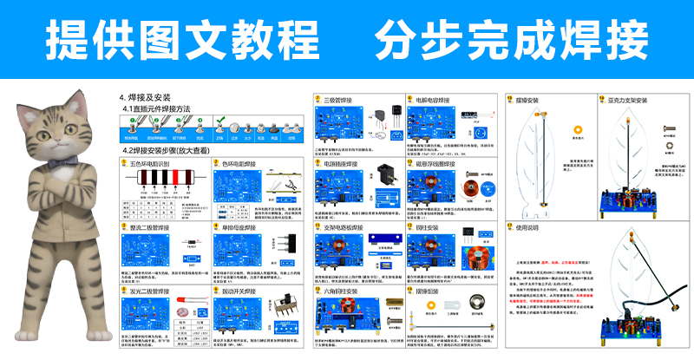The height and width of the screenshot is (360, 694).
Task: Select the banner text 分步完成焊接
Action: (x=511, y=37)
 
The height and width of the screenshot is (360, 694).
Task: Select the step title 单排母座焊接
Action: (x=246, y=228)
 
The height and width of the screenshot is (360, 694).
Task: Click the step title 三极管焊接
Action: (x=342, y=101)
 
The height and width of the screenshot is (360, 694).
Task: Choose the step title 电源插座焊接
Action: (x=345, y=163)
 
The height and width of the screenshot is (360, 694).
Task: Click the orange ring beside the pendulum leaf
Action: (x=578, y=132)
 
